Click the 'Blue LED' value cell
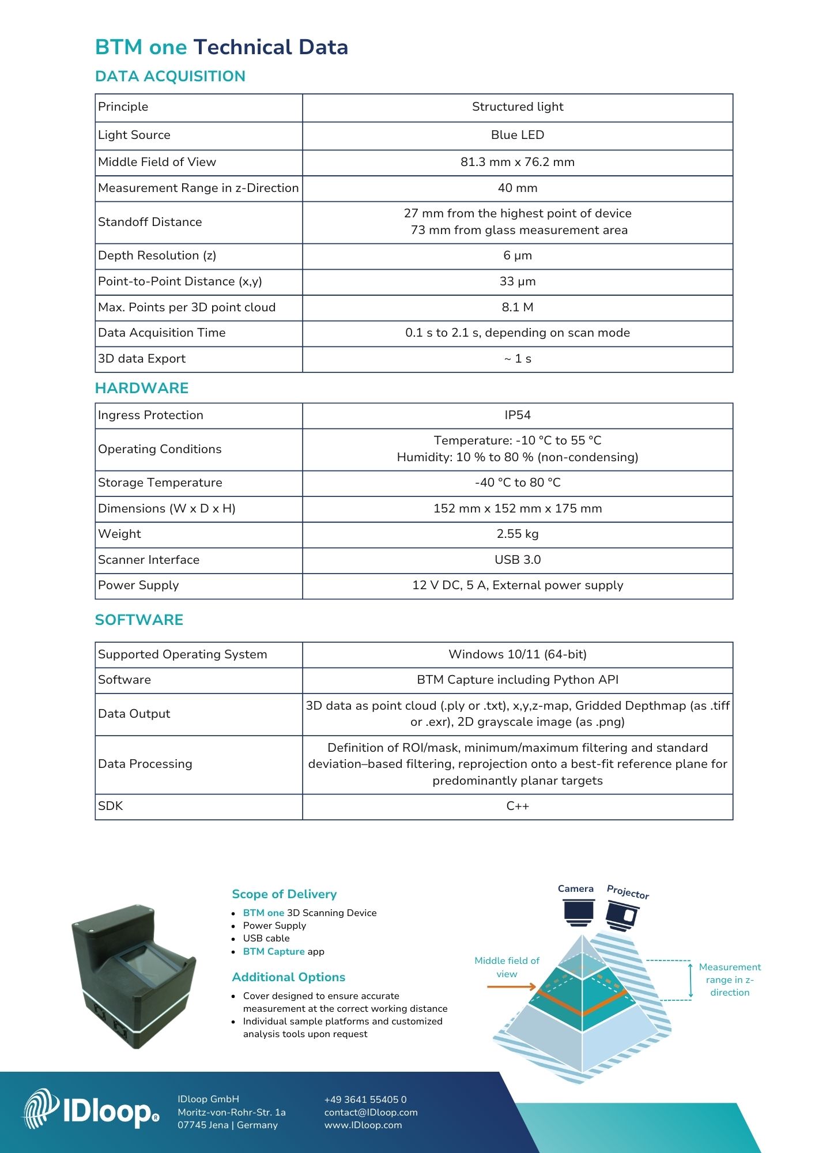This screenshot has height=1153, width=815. (517, 135)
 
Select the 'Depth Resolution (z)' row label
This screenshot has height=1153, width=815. (157, 255)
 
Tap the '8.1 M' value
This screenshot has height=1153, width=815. (517, 307)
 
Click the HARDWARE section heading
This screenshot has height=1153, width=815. (142, 388)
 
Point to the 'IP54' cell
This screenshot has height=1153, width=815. (517, 415)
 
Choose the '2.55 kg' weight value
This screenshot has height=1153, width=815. (517, 534)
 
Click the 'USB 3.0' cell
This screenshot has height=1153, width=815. (517, 560)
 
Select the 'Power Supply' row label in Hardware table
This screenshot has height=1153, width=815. (138, 585)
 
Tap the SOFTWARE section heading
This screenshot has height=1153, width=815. (139, 620)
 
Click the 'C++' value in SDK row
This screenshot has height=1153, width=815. (517, 806)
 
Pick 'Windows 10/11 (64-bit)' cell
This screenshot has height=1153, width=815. (517, 654)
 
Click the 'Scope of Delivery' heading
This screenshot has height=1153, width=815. (284, 894)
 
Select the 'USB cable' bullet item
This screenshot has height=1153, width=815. (266, 938)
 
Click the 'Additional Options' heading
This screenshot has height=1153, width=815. (288, 977)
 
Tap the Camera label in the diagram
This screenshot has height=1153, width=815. (575, 888)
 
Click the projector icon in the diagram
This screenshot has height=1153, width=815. (622, 916)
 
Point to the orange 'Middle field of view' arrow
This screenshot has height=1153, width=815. (511, 987)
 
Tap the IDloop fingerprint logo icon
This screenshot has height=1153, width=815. (41, 1109)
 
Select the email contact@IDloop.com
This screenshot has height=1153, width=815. (371, 1112)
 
